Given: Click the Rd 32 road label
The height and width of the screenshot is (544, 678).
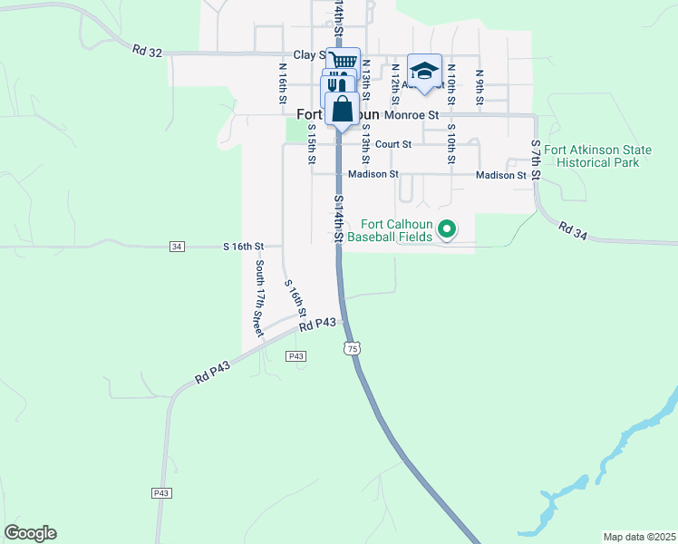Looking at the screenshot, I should (147, 53).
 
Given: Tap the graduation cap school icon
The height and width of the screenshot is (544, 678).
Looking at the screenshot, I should (423, 72).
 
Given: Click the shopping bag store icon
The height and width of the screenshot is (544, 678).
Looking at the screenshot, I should (343, 109).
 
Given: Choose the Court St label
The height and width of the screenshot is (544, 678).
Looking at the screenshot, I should (393, 144).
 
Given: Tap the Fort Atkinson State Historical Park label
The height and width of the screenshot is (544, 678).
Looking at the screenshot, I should (598, 156).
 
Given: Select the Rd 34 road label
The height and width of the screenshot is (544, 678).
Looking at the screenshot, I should (574, 231).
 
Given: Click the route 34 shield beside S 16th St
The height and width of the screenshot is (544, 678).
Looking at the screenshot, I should (177, 247).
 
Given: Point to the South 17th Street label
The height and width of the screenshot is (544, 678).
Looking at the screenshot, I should (259, 295).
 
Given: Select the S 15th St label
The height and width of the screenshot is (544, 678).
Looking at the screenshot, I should (311, 145).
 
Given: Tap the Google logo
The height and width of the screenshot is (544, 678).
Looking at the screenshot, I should (30, 533).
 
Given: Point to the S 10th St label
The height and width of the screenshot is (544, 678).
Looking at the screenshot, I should (450, 146).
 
